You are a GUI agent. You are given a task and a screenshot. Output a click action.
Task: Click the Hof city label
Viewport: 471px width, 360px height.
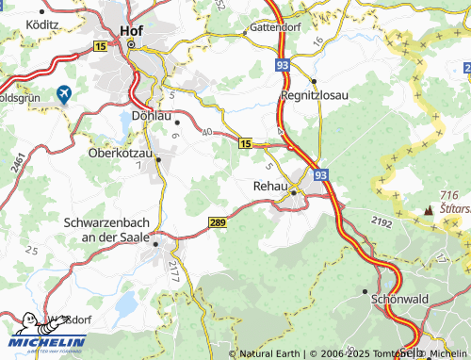[131, 30]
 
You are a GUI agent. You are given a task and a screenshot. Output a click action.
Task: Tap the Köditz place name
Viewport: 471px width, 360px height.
[43, 20]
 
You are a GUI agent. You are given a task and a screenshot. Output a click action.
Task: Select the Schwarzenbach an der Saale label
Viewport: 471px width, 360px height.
[106, 230]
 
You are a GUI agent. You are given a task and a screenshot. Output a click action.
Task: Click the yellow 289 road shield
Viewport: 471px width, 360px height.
[217, 221]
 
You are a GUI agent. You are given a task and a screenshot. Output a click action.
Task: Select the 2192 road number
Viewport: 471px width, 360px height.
[381, 221]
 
